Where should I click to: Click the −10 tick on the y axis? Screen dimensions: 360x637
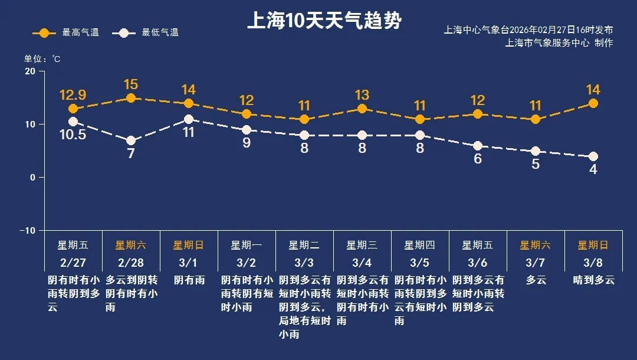[x=27, y=230]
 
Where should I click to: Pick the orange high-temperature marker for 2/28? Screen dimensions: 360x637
[x=131, y=98]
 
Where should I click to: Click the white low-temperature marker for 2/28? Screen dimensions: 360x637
[x=131, y=140]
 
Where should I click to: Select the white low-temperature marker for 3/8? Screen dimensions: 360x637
[x=593, y=156]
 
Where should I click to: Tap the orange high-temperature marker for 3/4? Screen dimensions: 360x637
[x=362, y=109]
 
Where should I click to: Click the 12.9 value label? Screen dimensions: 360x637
[x=73, y=94]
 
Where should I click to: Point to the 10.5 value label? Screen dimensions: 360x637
[x=73, y=135]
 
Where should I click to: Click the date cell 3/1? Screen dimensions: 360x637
[x=189, y=262]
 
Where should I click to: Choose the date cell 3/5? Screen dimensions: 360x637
[x=420, y=262]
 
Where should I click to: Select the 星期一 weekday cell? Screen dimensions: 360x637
[x=247, y=245]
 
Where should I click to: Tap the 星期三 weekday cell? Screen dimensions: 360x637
[x=362, y=245]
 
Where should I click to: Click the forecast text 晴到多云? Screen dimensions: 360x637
[x=593, y=280]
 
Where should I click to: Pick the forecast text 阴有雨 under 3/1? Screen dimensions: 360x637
[x=189, y=280]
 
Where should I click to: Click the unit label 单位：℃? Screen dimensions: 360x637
[x=42, y=59]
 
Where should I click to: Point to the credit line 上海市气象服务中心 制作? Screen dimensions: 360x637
[x=559, y=42]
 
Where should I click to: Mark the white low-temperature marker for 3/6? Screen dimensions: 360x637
[x=478, y=146]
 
